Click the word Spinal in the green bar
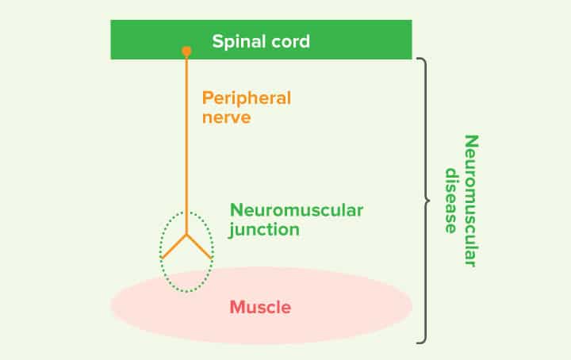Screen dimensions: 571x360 click(x=236, y=42)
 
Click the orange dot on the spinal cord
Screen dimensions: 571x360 click(x=186, y=52)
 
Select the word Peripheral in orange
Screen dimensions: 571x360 click(x=247, y=99)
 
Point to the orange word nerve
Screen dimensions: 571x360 click(x=227, y=118)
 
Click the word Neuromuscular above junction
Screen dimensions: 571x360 click(x=297, y=210)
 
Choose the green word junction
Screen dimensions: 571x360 click(x=264, y=230)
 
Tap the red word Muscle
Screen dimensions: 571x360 click(x=260, y=307)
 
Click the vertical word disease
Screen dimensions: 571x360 click(x=451, y=201)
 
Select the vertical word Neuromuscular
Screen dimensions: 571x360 click(x=472, y=201)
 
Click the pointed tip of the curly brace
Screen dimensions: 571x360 click(x=429, y=200)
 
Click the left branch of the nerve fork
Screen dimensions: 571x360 click(x=174, y=247)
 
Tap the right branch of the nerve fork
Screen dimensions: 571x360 click(x=199, y=247)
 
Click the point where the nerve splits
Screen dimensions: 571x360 click(x=186, y=236)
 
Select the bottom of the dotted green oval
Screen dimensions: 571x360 click(x=186, y=291)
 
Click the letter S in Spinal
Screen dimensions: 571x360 click(x=217, y=41)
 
